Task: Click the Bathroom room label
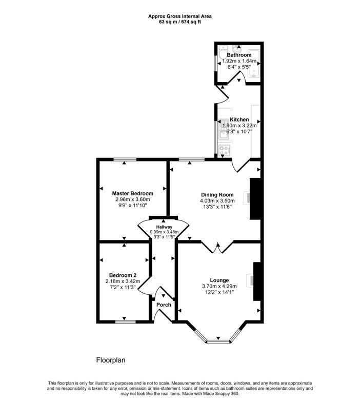[239, 55]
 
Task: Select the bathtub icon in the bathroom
[253, 67]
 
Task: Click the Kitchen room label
[239, 119]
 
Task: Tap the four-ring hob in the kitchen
[225, 150]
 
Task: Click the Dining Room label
[217, 194]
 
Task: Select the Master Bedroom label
[132, 193]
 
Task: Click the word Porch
[164, 305]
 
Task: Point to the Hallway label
[163, 227]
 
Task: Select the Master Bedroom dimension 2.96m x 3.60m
[132, 199]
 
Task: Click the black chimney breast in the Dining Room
[255, 198]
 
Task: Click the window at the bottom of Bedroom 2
[126, 322]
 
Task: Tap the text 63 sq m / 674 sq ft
[179, 22]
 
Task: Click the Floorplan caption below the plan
[111, 360]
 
